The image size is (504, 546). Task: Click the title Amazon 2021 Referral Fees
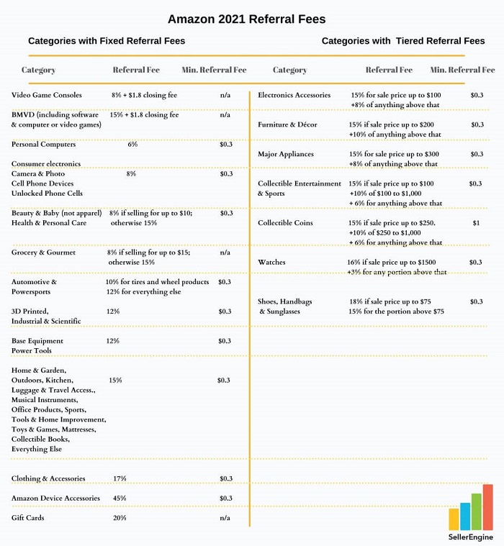(246, 18)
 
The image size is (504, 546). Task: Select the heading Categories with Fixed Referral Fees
(107, 41)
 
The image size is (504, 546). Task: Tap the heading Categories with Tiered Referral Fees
(403, 41)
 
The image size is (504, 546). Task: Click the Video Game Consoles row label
(47, 95)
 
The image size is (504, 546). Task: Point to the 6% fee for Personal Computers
(132, 145)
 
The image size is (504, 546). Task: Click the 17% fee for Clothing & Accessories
(120, 478)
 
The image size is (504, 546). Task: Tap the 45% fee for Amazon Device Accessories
(120, 498)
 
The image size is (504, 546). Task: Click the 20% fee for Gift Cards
(120, 517)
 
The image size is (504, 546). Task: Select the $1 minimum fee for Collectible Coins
(476, 223)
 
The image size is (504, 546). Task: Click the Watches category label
(272, 263)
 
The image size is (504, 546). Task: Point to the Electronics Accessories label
(294, 95)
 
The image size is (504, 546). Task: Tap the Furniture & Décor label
(287, 124)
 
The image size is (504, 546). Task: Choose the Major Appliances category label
(286, 154)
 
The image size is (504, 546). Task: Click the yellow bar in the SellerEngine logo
(454, 519)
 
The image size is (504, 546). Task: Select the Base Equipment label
(37, 340)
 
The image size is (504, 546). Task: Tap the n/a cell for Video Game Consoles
(225, 95)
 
